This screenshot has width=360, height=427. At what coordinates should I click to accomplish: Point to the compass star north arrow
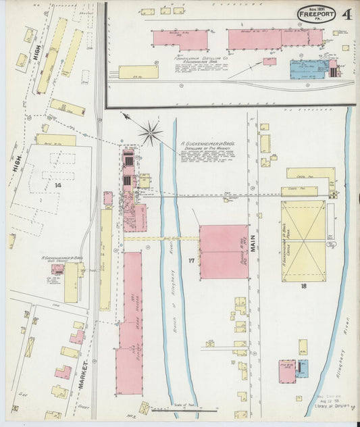pyautogui.click(x=150, y=131)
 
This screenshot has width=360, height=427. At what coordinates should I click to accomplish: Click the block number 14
pyautogui.click(x=58, y=184)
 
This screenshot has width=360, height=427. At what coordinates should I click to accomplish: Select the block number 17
pyautogui.click(x=192, y=260)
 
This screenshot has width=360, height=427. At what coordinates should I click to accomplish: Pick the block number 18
pyautogui.click(x=303, y=286)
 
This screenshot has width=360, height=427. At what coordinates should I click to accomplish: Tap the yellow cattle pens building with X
pyautogui.click(x=303, y=241)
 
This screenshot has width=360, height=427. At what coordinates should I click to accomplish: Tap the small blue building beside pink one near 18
pyautogui.click(x=301, y=370)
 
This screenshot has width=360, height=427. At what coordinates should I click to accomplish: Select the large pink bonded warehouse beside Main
pyautogui.click(x=224, y=251)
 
